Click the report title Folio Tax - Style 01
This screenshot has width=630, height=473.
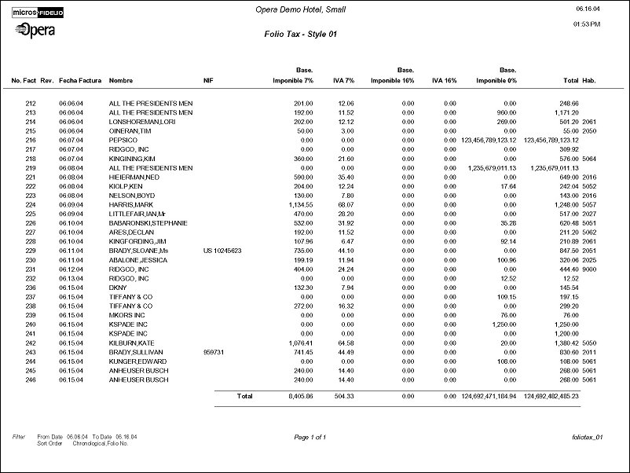(302, 34)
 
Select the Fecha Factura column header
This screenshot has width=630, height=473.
(80, 81)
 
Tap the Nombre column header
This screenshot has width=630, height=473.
(121, 81)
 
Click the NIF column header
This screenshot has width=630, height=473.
(208, 81)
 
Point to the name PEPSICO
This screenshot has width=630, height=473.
(123, 140)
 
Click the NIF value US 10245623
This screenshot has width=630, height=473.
(223, 250)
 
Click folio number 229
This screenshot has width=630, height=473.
(31, 250)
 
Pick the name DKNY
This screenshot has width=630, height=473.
(118, 287)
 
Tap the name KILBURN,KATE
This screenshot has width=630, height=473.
(130, 342)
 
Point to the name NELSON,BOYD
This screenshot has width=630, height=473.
(130, 195)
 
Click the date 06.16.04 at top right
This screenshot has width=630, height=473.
(588, 9)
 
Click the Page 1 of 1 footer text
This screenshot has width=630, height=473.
(310, 436)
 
